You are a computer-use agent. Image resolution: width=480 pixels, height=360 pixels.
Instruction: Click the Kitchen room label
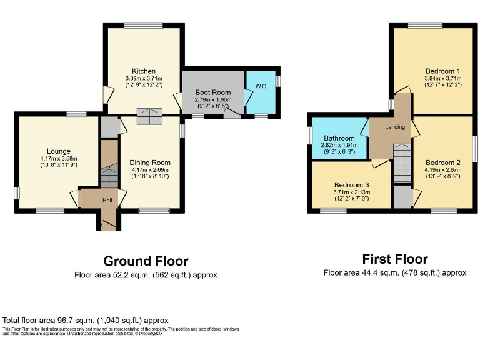coord(144,71)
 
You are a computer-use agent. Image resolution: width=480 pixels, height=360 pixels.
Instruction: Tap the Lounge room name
coord(58,151)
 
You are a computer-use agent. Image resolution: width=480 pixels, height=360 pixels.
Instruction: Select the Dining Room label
coord(151,162)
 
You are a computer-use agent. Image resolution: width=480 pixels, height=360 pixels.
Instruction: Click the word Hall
coord(107,200)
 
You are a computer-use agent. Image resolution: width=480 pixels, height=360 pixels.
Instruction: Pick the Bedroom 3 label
coord(351,185)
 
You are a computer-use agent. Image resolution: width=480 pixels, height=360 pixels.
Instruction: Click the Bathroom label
coord(339,138)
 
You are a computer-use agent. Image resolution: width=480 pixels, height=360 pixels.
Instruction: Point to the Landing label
coord(395,127)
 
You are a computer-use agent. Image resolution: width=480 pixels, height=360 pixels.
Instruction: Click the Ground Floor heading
coord(146,261)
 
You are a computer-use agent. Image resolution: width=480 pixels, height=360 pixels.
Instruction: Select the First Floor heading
coord(395,259)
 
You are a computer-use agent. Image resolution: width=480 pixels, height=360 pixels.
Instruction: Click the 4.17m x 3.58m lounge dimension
coord(58,158)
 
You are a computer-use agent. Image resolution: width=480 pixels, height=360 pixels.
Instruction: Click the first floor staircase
coord(401,162)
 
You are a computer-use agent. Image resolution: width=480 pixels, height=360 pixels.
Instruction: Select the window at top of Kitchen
coord(144,26)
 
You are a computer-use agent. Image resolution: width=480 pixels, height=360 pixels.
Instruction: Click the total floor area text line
coord(86,320)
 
